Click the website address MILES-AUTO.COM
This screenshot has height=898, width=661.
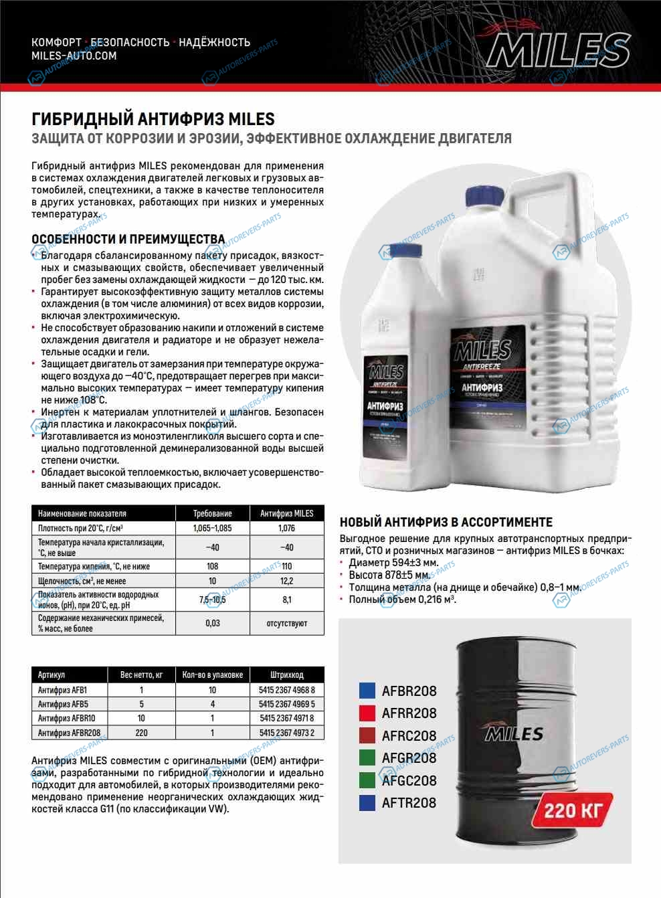pyautogui.click(x=74, y=56)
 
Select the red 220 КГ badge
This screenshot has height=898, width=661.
pyautogui.click(x=573, y=810)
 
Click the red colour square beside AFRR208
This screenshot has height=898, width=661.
pyautogui.click(x=367, y=713)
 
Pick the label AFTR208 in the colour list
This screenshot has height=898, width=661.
pyautogui.click(x=409, y=802)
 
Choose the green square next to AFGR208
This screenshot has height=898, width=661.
pyautogui.click(x=367, y=757)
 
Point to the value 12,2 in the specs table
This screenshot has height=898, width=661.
pyautogui.click(x=286, y=581)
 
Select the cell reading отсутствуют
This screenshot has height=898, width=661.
pyautogui.click(x=286, y=623)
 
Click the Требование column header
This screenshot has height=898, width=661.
pyautogui.click(x=212, y=513)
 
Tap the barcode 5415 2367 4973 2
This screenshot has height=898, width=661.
pyautogui.click(x=286, y=733)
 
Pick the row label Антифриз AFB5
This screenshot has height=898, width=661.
pyautogui.click(x=63, y=704)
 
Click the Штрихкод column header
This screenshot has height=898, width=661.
pyautogui.click(x=286, y=675)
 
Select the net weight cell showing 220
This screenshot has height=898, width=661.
pyautogui.click(x=141, y=733)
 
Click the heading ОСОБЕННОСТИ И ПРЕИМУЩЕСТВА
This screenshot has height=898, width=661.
pyautogui.click(x=128, y=239)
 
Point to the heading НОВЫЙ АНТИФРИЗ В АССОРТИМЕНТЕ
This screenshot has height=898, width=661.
pyautogui.click(x=446, y=522)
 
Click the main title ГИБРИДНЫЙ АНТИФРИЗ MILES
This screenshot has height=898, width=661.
pyautogui.click(x=153, y=119)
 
